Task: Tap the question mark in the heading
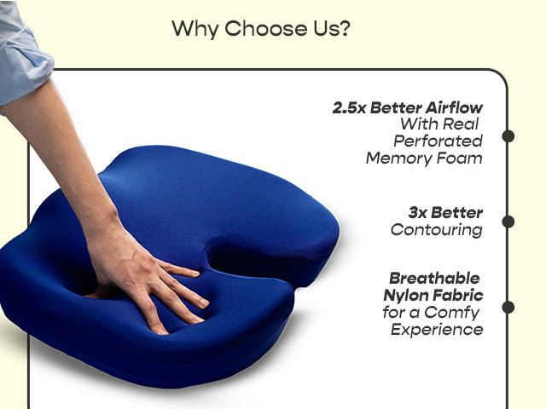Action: pyautogui.click(x=344, y=28)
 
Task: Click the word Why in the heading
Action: pyautogui.click(x=195, y=28)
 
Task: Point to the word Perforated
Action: pyautogui.click(x=438, y=141)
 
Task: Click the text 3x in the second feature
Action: pyautogui.click(x=418, y=213)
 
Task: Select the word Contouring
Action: pyautogui.click(x=436, y=230)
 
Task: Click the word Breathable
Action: pyautogui.click(x=434, y=279)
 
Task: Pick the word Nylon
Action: pyautogui.click(x=406, y=296)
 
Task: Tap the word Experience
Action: pyautogui.click(x=437, y=329)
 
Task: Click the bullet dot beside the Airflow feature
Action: pyautogui.click(x=508, y=136)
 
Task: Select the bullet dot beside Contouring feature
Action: pyautogui.click(x=508, y=222)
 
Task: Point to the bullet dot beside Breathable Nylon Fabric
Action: pyautogui.click(x=508, y=307)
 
